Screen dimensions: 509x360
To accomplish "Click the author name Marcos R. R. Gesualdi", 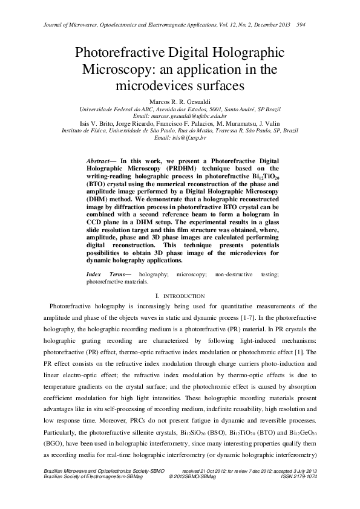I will click(180, 101).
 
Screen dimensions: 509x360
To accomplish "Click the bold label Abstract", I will click(99, 161).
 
